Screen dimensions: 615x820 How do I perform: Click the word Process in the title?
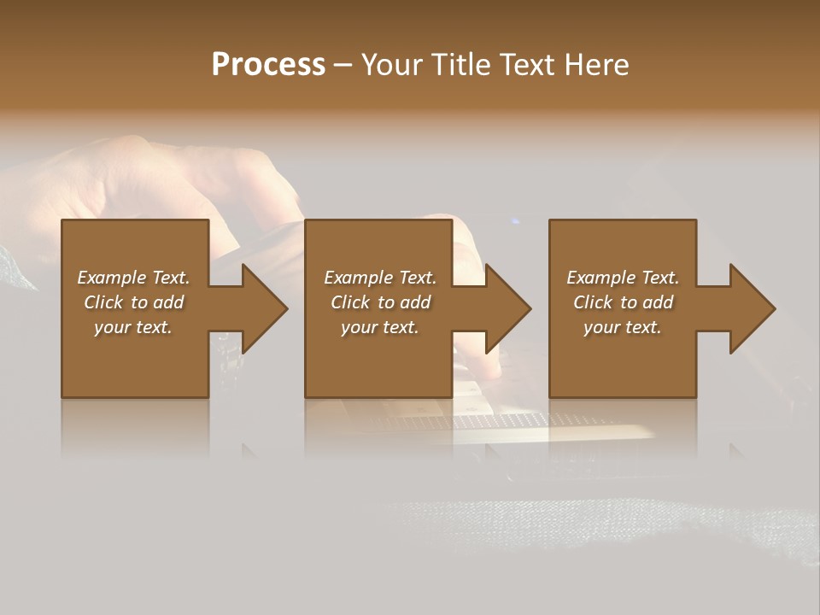tap(268, 65)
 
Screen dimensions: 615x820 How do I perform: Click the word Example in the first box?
tap(112, 278)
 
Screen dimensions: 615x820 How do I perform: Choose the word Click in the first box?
tap(103, 302)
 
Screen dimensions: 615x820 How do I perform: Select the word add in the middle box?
tap(415, 302)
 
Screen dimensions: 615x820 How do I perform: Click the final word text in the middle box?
tap(402, 328)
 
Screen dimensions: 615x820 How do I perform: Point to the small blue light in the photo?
tap(514, 222)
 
